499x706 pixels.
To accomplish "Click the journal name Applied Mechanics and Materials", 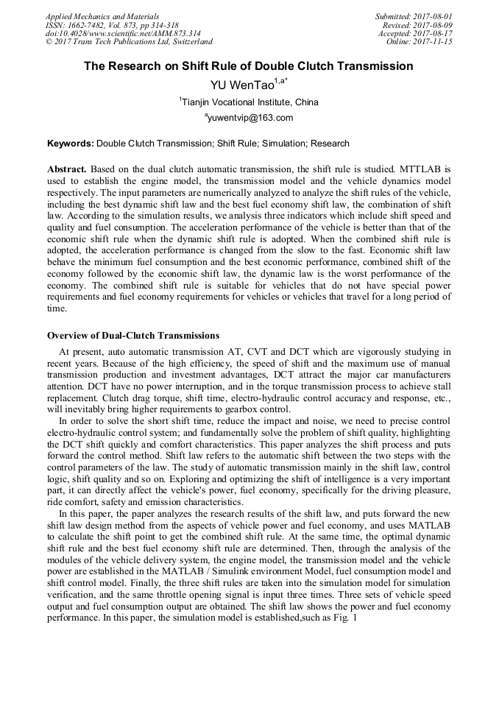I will click(102, 16).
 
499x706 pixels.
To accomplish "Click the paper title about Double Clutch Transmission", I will click(248, 66).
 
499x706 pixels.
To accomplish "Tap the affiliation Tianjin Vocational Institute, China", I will click(249, 102).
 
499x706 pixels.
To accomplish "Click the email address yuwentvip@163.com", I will click(250, 119).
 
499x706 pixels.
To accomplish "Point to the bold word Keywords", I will click(70, 144).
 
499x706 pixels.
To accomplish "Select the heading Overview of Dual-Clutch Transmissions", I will click(133, 336).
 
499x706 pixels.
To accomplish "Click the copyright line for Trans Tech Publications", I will click(129, 42).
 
